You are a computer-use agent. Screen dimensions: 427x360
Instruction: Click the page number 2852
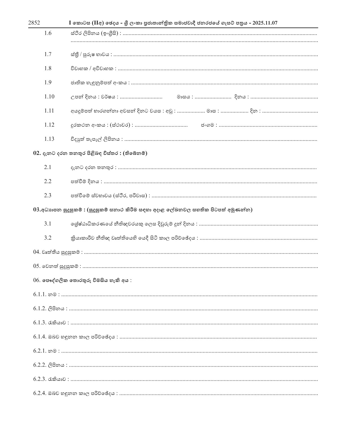(34, 23)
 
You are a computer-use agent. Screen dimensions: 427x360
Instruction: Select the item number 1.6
(48, 33)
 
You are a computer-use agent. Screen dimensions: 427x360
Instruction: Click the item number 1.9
(48, 83)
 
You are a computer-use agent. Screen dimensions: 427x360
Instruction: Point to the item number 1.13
(49, 139)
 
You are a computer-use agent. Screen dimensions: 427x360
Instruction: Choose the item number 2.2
(48, 181)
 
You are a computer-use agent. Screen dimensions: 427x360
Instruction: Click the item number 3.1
(48, 224)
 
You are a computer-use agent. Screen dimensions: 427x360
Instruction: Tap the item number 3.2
(48, 238)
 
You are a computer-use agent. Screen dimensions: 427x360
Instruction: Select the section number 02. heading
(37, 153)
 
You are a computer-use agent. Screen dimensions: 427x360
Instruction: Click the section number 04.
(37, 252)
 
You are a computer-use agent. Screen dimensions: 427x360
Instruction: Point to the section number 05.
(37, 266)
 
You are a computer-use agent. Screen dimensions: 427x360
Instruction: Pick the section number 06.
(37, 280)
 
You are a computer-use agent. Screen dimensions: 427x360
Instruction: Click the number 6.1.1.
(40, 294)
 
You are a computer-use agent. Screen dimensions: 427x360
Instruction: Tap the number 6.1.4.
(40, 337)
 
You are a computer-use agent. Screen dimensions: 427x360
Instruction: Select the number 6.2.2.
(40, 365)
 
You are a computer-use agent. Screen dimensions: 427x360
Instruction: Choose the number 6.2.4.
(40, 393)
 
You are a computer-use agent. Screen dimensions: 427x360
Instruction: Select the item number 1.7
(48, 54)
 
